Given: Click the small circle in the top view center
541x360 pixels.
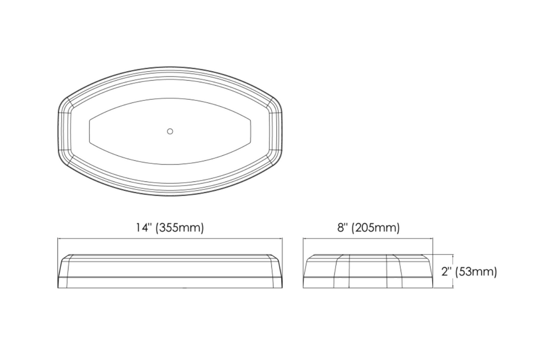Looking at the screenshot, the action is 170,131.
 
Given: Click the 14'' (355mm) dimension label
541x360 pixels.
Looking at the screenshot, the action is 170,228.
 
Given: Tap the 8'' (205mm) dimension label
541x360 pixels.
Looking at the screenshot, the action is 368,228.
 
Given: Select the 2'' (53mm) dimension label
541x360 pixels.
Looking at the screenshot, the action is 469,272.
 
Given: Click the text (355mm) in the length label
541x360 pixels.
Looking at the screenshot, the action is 180,228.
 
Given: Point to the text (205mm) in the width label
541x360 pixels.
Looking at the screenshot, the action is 376,228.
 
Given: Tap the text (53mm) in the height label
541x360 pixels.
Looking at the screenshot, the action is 476,272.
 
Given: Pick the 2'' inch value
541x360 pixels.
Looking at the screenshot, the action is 447,271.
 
